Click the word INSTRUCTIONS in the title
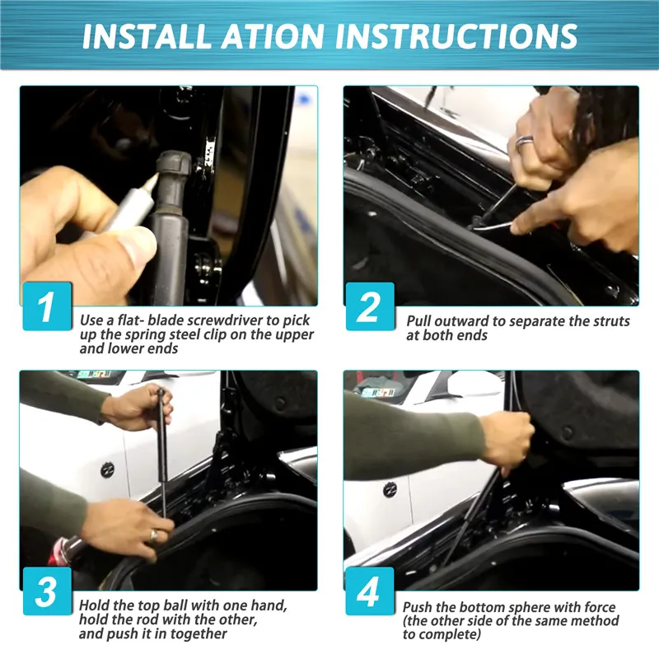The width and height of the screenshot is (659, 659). coord(456,36)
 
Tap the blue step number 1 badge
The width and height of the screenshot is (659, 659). coord(47,306)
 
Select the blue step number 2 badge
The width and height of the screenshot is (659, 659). coord(370,306)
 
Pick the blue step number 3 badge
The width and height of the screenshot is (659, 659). coord(47,591)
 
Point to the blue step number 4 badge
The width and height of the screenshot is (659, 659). coord(370,591)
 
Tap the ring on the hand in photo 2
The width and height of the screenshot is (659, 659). coord(525,142)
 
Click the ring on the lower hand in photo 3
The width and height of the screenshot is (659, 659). coord(154,535)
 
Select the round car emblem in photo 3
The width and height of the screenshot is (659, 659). coord(108,470)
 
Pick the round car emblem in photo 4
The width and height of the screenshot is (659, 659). coord(390,489)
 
